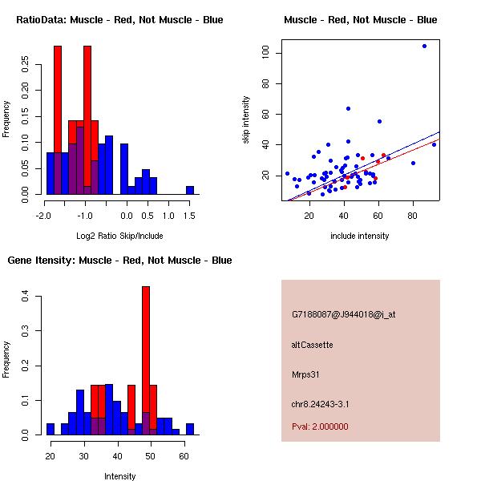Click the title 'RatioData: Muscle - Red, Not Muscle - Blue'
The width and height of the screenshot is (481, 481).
point(119,19)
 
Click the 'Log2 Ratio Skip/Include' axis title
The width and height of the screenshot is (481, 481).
point(119,237)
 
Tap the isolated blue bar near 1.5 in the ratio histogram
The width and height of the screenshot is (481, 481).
point(190,190)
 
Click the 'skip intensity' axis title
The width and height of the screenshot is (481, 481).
point(247,120)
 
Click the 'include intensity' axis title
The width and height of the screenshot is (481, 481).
point(360,236)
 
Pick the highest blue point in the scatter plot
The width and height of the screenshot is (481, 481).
point(424,46)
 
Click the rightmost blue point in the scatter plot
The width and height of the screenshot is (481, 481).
point(434,144)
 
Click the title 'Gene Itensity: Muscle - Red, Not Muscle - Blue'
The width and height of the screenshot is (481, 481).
point(119,260)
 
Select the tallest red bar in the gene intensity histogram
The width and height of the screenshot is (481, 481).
point(146,361)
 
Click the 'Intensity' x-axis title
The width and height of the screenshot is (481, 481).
point(120,476)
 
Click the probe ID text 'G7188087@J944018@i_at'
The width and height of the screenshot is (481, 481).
point(343,314)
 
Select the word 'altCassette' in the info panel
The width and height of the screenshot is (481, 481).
point(312,345)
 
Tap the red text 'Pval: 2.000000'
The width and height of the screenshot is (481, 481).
point(322,427)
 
